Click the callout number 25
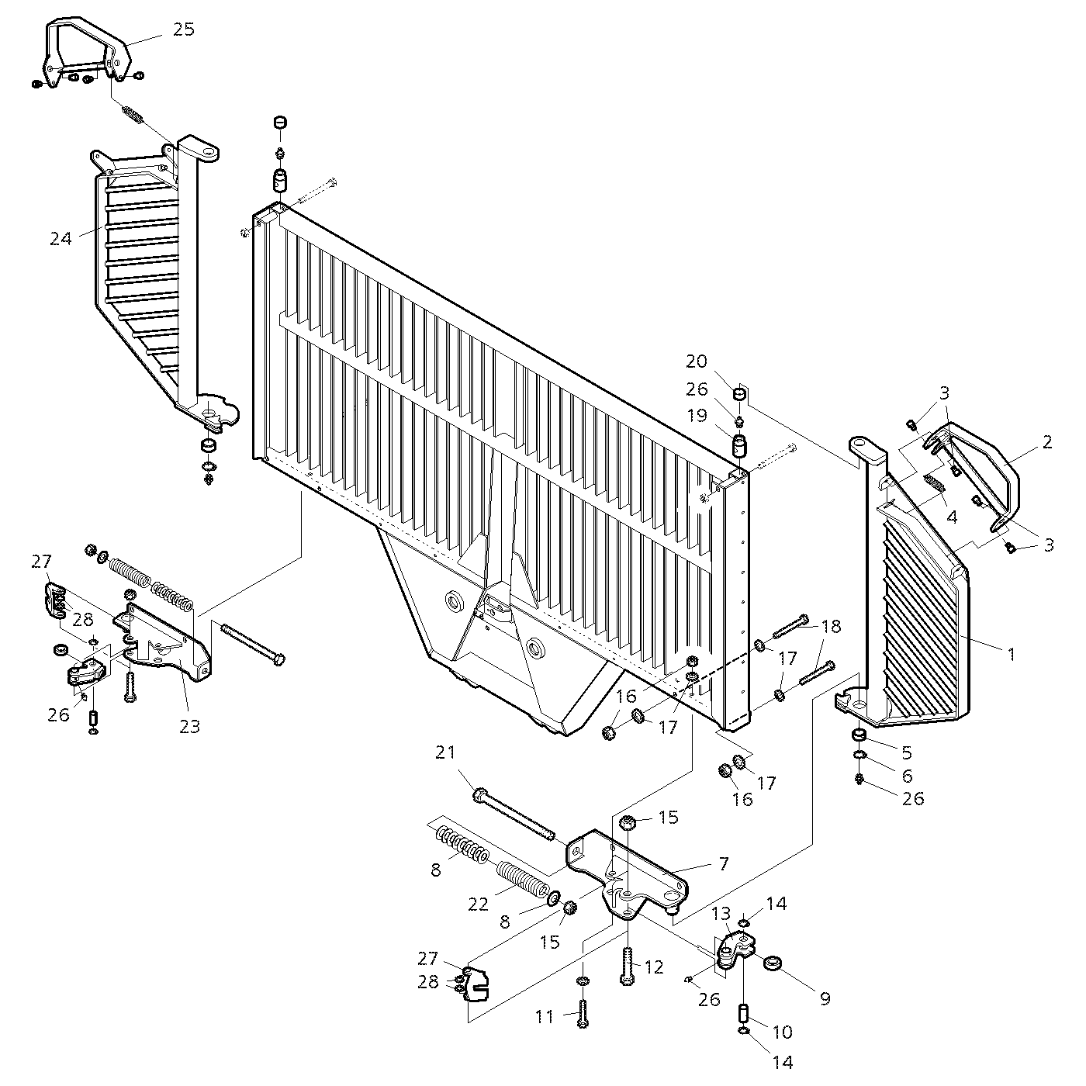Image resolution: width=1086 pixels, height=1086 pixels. [x=184, y=29]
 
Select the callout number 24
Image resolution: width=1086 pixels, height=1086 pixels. [x=61, y=239]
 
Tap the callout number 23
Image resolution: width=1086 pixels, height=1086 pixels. [x=190, y=726]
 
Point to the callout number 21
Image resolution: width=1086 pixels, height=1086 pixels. [x=445, y=752]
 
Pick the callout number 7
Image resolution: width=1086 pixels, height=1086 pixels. [x=723, y=863]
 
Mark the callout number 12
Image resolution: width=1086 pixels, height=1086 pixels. [x=654, y=967]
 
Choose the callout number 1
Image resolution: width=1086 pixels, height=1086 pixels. [x=1011, y=654]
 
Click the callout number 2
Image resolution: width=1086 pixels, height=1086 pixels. [x=1047, y=442]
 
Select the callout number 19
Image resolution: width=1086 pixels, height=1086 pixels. [x=697, y=416]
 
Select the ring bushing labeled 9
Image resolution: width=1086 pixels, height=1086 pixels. [x=773, y=964]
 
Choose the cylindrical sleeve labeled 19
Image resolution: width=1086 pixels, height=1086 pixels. [x=740, y=448]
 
